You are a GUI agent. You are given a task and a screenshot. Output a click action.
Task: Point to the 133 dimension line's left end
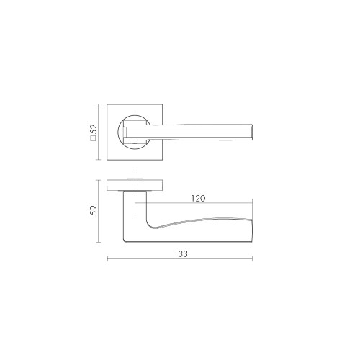(x=108, y=260)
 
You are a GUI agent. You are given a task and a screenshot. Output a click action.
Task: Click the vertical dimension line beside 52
(x=101, y=132)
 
